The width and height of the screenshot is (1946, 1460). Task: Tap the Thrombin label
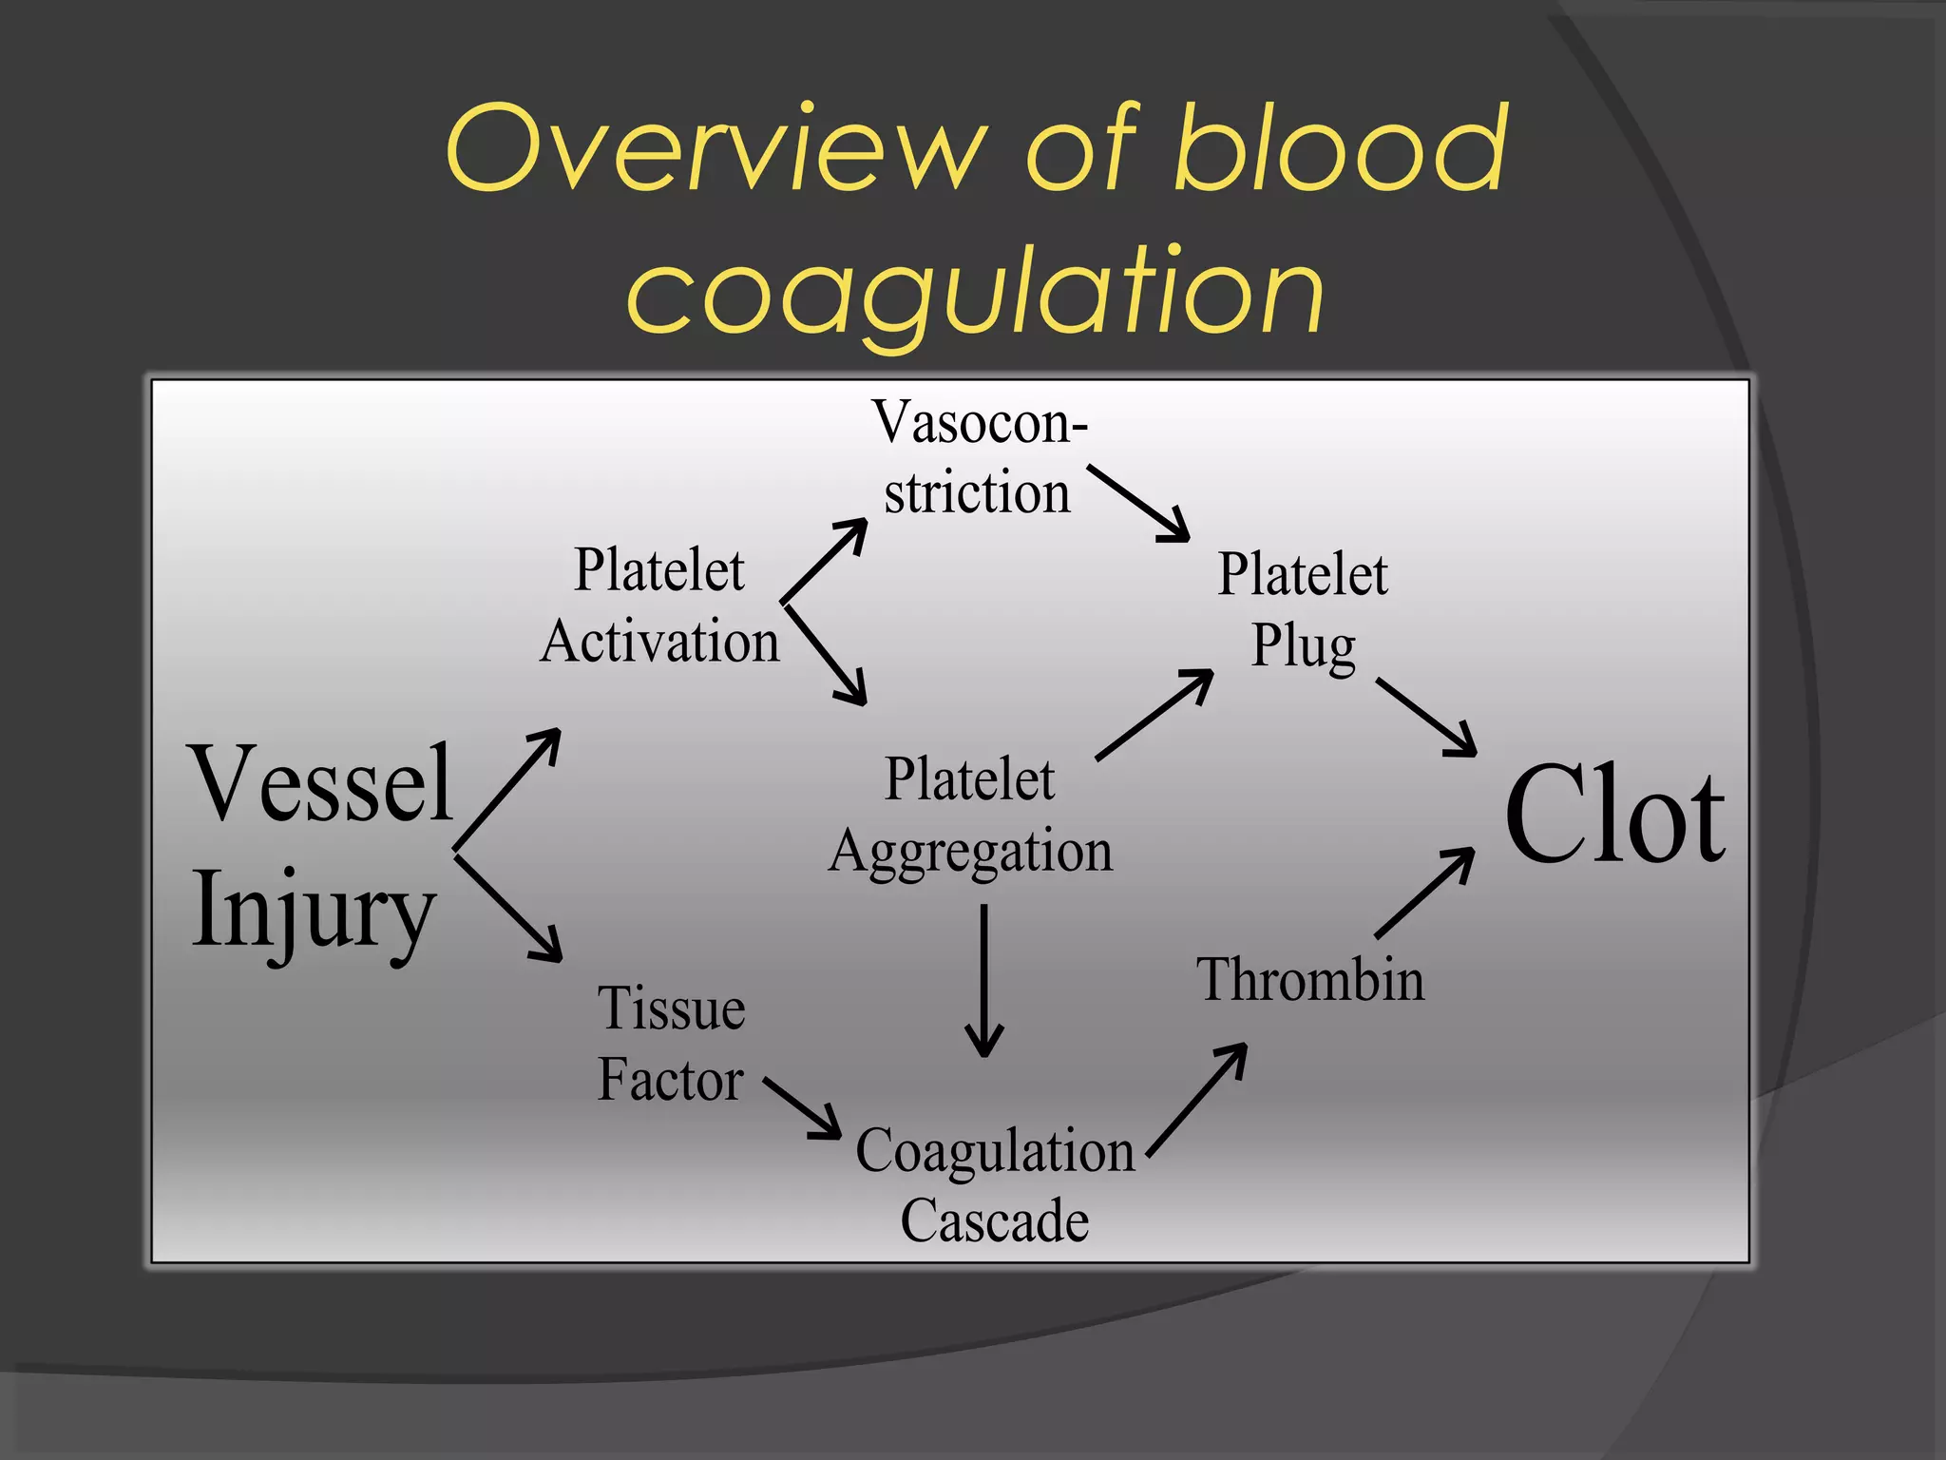[x=1310, y=980]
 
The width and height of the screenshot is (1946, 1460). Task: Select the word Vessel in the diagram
[x=322, y=783]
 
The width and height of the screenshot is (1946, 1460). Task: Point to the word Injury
[x=314, y=911]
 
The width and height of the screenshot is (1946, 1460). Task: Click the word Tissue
[x=671, y=1009]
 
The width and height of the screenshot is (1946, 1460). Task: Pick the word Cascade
[x=994, y=1221]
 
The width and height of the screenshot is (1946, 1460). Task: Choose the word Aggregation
[x=970, y=851]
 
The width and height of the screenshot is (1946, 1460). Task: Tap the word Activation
[x=659, y=642]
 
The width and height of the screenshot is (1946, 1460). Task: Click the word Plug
[x=1303, y=647]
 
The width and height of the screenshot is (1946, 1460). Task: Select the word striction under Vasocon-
[x=977, y=493]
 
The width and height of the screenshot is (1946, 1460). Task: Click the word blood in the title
[x=1340, y=148]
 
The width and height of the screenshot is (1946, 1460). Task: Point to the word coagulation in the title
[x=975, y=290]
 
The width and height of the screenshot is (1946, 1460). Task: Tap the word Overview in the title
[x=713, y=148]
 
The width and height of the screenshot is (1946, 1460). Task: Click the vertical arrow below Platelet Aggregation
[x=983, y=979]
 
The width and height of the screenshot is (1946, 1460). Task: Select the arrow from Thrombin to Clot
[x=1424, y=893]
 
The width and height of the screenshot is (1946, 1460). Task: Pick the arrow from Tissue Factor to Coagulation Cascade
[x=802, y=1107]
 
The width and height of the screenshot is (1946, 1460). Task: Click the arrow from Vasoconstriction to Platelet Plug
[x=1137, y=503]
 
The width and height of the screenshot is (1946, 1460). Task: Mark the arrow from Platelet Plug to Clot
[x=1425, y=717]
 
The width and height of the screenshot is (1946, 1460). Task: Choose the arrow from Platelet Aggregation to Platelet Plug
[x=1154, y=715]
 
